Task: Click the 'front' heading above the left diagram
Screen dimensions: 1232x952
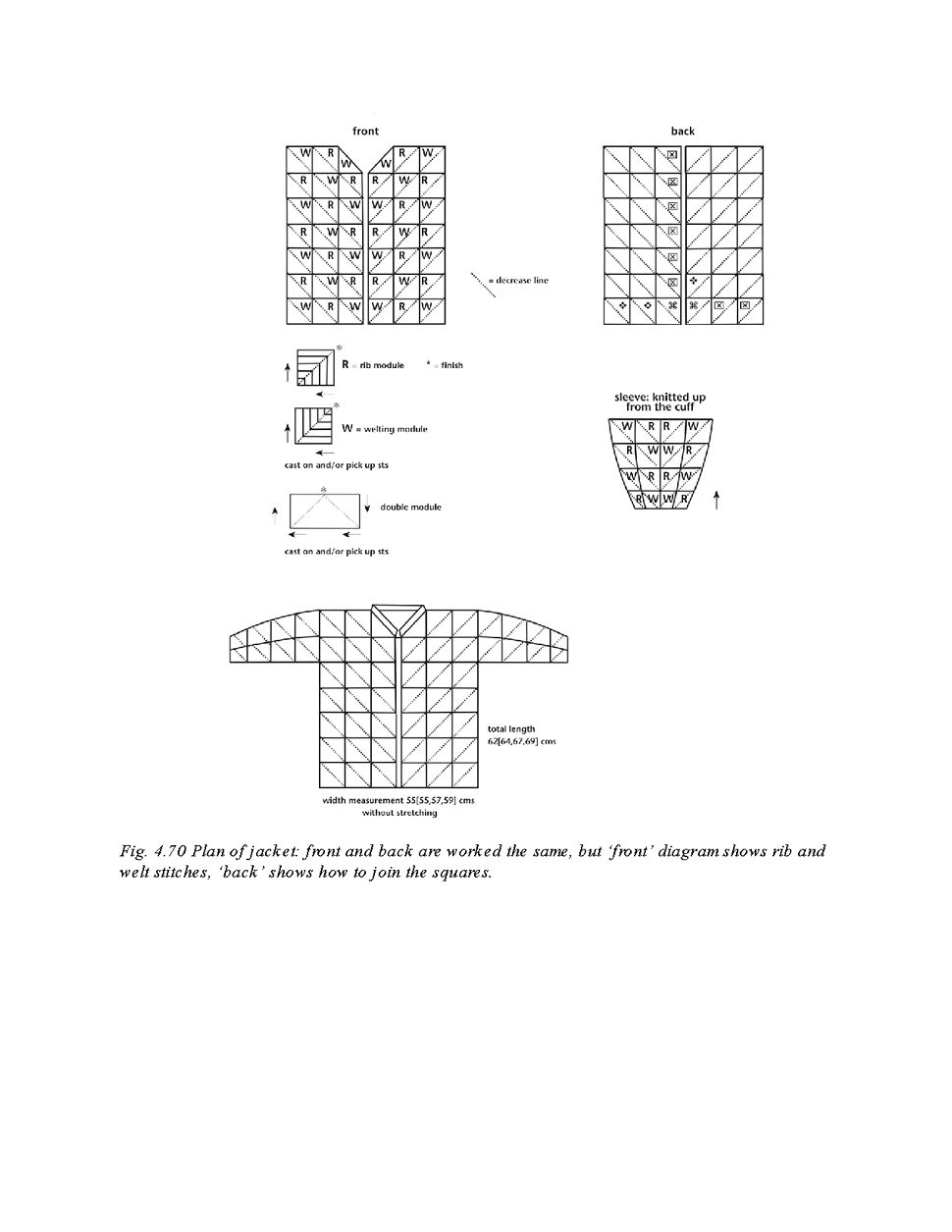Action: coord(365,131)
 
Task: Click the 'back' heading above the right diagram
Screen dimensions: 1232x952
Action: coord(682,131)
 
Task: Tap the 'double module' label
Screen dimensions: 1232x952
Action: coord(410,508)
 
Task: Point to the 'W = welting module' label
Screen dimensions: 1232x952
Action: coord(385,429)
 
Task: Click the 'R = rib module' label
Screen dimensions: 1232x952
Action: coord(373,365)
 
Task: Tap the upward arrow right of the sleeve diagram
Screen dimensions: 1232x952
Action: coord(716,501)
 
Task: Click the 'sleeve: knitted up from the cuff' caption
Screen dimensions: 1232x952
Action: coord(660,402)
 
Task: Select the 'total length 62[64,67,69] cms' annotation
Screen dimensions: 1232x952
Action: coord(521,735)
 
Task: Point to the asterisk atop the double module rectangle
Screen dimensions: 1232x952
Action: coord(322,489)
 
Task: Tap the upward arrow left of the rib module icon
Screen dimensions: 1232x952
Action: coord(288,371)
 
